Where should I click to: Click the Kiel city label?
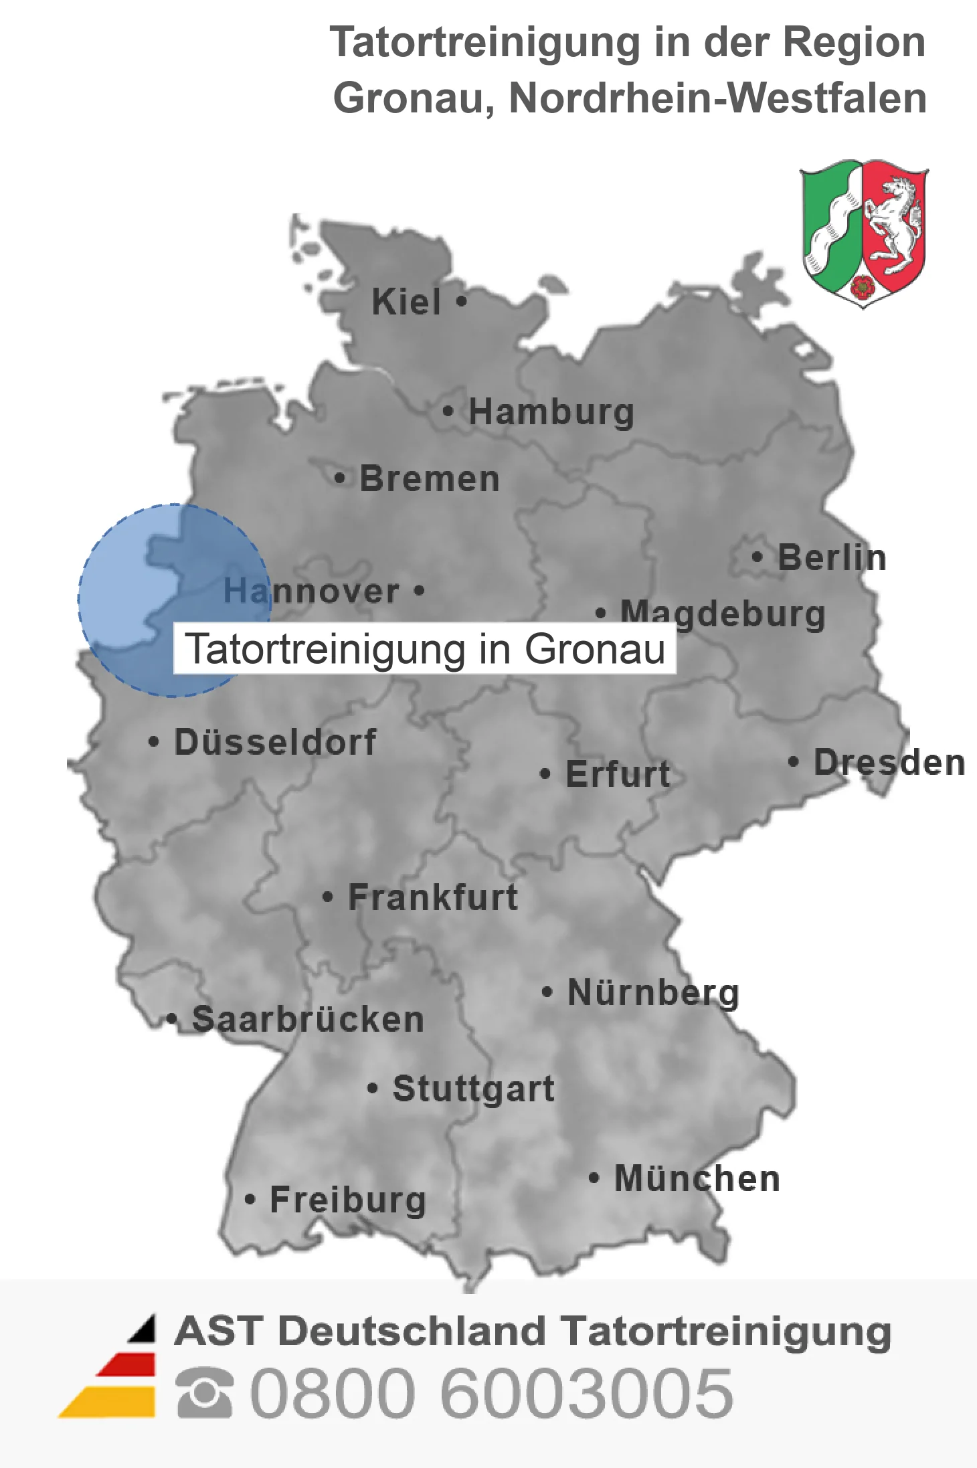pos(406,302)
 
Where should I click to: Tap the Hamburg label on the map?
pos(551,411)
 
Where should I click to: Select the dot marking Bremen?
pos(340,478)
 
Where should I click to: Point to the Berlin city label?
pos(832,557)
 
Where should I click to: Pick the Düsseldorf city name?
pos(275,742)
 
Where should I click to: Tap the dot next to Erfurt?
pos(545,774)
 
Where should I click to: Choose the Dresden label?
pos(889,762)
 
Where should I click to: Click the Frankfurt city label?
pos(433,897)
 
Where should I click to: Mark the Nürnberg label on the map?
pos(653,992)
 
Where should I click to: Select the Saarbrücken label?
pos(308,1020)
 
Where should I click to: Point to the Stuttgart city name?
pos(474,1089)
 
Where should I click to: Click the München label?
pos(697,1178)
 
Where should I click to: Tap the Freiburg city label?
pos(348,1200)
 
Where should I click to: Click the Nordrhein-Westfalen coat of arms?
pos(863,233)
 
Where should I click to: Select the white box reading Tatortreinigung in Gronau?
pos(425,648)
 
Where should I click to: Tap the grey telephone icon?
pos(205,1393)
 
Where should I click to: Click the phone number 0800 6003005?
pos(492,1393)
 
